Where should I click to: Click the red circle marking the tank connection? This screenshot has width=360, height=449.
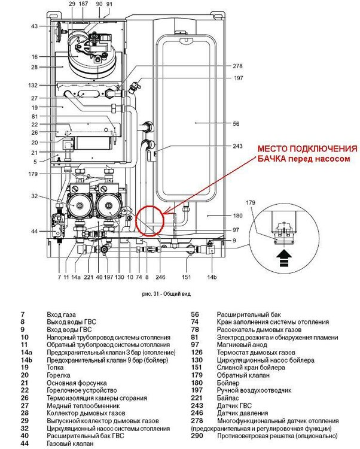[150, 221]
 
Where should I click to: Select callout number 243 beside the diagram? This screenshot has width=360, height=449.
[237, 147]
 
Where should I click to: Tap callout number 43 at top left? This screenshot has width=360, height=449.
[34, 26]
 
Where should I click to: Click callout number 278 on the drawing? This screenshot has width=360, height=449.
[238, 66]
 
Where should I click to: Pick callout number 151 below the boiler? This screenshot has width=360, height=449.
[187, 277]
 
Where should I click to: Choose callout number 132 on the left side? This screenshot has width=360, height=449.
[33, 86]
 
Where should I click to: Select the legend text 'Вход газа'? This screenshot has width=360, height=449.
[61, 314]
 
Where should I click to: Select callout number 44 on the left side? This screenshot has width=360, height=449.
[34, 232]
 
